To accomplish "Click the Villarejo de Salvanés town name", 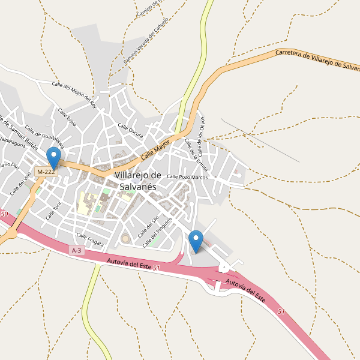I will click(x=137, y=181).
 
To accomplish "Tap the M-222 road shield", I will click(x=46, y=172).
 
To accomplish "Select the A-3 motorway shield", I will click(x=76, y=250).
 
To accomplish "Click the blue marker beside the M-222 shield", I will click(x=54, y=158).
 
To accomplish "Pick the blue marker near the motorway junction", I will click(x=196, y=241).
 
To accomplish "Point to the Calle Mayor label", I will click(x=156, y=148).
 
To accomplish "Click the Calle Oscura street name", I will click(x=131, y=131).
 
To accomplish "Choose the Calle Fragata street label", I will click(x=90, y=239).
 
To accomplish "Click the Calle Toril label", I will click(x=54, y=211).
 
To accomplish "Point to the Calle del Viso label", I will click(x=20, y=185).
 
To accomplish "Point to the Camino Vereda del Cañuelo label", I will click(x=146, y=40).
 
